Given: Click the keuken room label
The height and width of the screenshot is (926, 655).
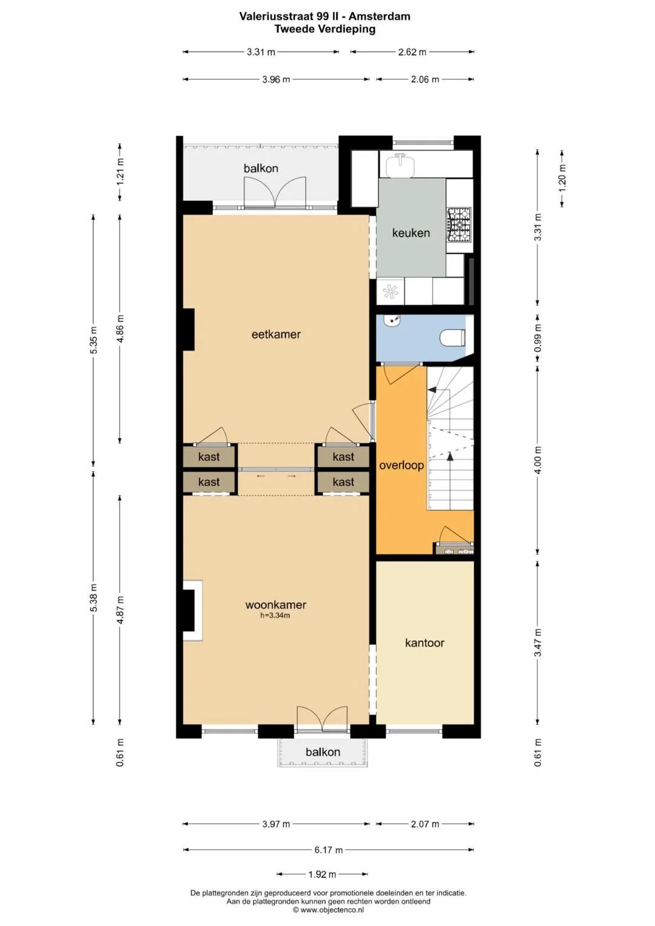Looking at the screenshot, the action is pos(411,233).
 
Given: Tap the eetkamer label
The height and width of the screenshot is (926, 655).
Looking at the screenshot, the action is pos(276,334).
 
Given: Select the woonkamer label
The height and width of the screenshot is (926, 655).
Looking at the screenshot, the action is pos(275,605).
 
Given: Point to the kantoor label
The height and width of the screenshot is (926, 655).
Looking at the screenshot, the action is pos(425,643).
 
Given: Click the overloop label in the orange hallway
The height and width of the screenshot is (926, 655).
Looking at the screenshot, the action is pos(401,466).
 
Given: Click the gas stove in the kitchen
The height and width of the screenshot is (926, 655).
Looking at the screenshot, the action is pos(460,224).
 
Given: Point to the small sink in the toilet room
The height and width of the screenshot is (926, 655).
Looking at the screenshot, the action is pos(391,321).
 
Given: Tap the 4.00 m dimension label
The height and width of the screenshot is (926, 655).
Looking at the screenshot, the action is pos(537,460).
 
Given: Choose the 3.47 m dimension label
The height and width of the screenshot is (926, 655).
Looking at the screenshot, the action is pos(537,642).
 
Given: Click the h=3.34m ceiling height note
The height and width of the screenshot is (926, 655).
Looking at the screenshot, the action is pos(275,616).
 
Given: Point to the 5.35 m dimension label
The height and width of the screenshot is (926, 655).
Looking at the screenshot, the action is pos(94,340).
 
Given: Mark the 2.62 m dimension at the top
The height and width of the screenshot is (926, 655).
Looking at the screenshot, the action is pos(412,52).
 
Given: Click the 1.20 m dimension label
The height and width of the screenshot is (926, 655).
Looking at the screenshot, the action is pos(562,178).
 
